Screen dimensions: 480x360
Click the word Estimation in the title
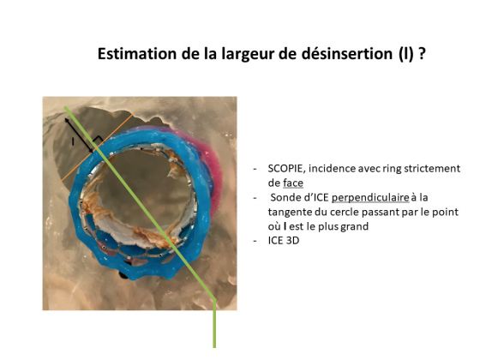click(137, 54)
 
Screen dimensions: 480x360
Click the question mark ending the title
click(422, 54)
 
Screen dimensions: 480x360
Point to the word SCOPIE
click(286, 169)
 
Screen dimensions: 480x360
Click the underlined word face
click(293, 183)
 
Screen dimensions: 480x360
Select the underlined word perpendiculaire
click(370, 198)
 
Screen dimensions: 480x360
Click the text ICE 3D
click(284, 241)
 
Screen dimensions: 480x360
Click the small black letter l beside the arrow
click(73, 141)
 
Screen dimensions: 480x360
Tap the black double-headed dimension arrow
click(79, 135)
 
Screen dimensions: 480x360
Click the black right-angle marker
click(98, 141)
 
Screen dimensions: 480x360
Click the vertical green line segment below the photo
click(214, 324)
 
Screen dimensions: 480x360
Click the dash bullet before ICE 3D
click(255, 241)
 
